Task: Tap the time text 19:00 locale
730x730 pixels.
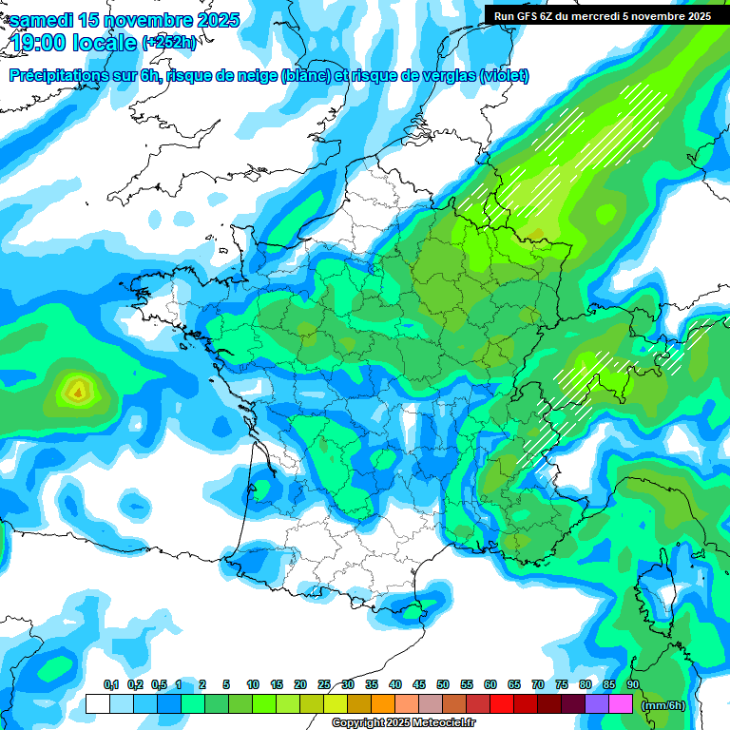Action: (74, 42)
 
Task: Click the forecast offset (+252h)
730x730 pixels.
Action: (170, 43)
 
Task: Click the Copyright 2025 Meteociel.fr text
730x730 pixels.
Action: (403, 723)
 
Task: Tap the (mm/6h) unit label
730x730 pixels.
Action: (663, 705)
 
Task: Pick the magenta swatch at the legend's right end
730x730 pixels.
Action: (621, 704)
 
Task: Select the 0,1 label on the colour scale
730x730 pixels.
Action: (111, 685)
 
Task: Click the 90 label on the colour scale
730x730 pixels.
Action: (633, 685)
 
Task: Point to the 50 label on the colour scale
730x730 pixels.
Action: (443, 685)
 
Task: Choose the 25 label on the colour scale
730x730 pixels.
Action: (324, 685)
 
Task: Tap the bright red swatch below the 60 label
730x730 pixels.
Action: (502, 704)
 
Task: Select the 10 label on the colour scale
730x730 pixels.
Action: (253, 685)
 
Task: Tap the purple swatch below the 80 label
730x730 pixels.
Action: (597, 704)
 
